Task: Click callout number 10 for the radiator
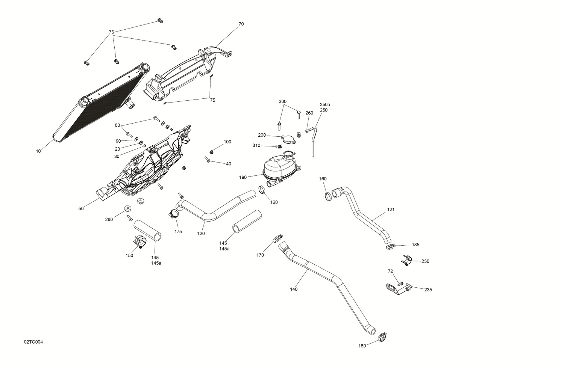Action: (x=38, y=151)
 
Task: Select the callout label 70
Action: (x=241, y=24)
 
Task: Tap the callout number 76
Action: (x=111, y=32)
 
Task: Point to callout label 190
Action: (x=243, y=177)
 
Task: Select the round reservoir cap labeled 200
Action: (x=288, y=139)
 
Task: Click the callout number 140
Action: (x=294, y=289)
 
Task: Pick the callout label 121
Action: (x=391, y=210)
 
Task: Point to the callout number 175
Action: (x=178, y=232)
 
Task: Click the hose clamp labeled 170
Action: (x=276, y=238)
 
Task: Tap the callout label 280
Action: (x=109, y=219)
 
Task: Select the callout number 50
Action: (x=81, y=209)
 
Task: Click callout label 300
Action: (x=282, y=102)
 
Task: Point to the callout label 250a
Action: (x=325, y=104)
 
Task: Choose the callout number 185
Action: (x=415, y=245)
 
